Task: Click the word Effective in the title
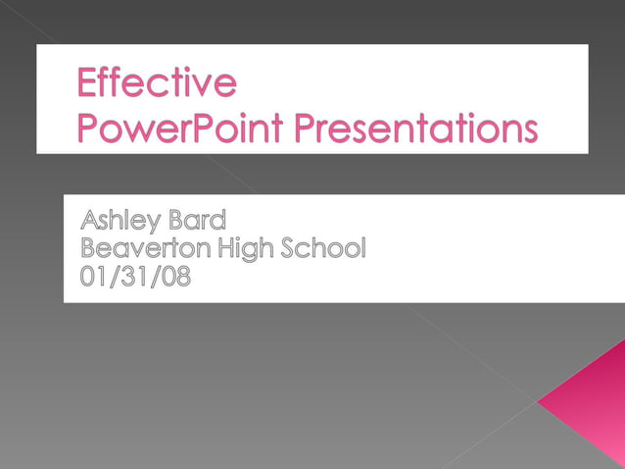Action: tap(157, 83)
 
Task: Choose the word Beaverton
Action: tap(145, 248)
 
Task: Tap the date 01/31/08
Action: tap(136, 277)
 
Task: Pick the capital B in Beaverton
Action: tap(88, 248)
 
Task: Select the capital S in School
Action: tap(289, 248)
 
